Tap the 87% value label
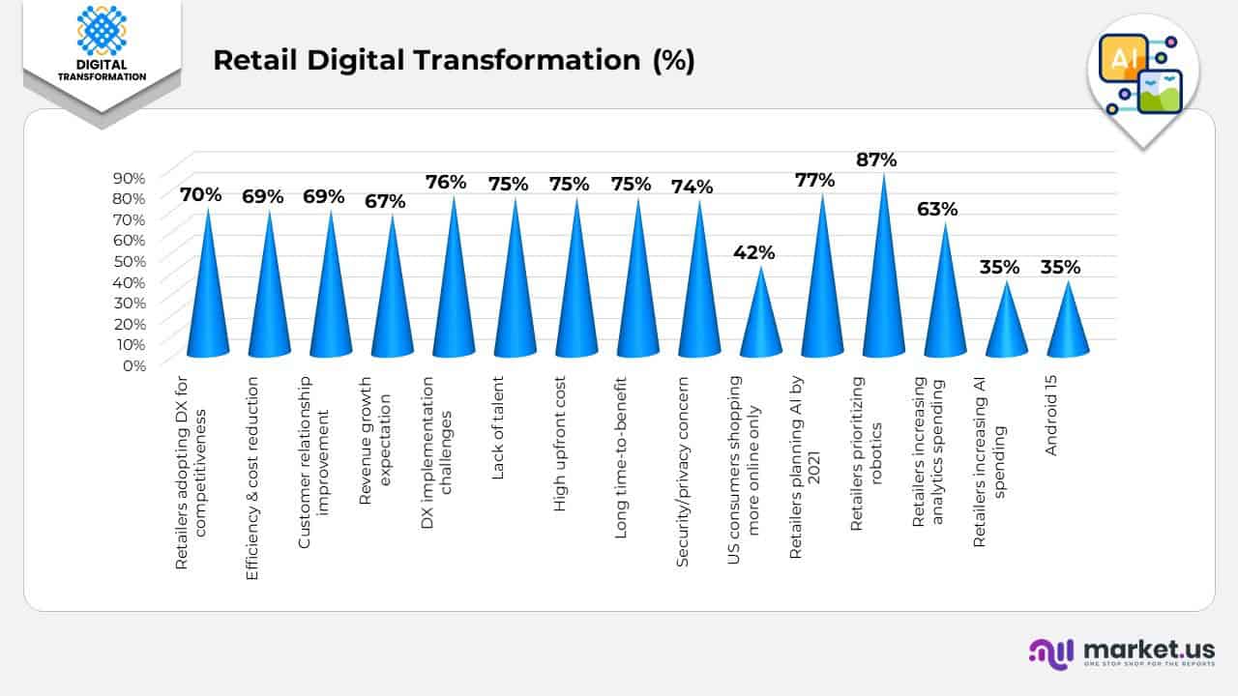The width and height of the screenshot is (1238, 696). point(876,159)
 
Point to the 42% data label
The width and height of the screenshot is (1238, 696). point(753,252)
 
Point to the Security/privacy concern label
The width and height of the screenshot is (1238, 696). point(683,444)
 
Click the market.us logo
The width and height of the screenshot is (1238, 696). point(1122,652)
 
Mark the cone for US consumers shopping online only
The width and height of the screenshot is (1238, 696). point(760,319)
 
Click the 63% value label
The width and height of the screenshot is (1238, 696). point(937,209)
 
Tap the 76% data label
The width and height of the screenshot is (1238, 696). point(446,182)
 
